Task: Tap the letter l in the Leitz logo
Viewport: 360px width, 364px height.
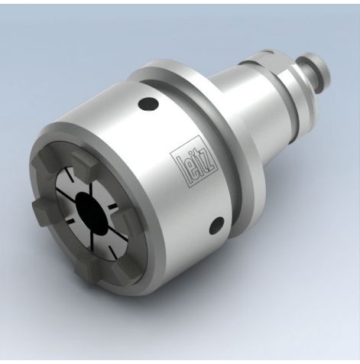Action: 176,160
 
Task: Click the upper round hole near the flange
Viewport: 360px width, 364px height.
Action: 148,103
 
